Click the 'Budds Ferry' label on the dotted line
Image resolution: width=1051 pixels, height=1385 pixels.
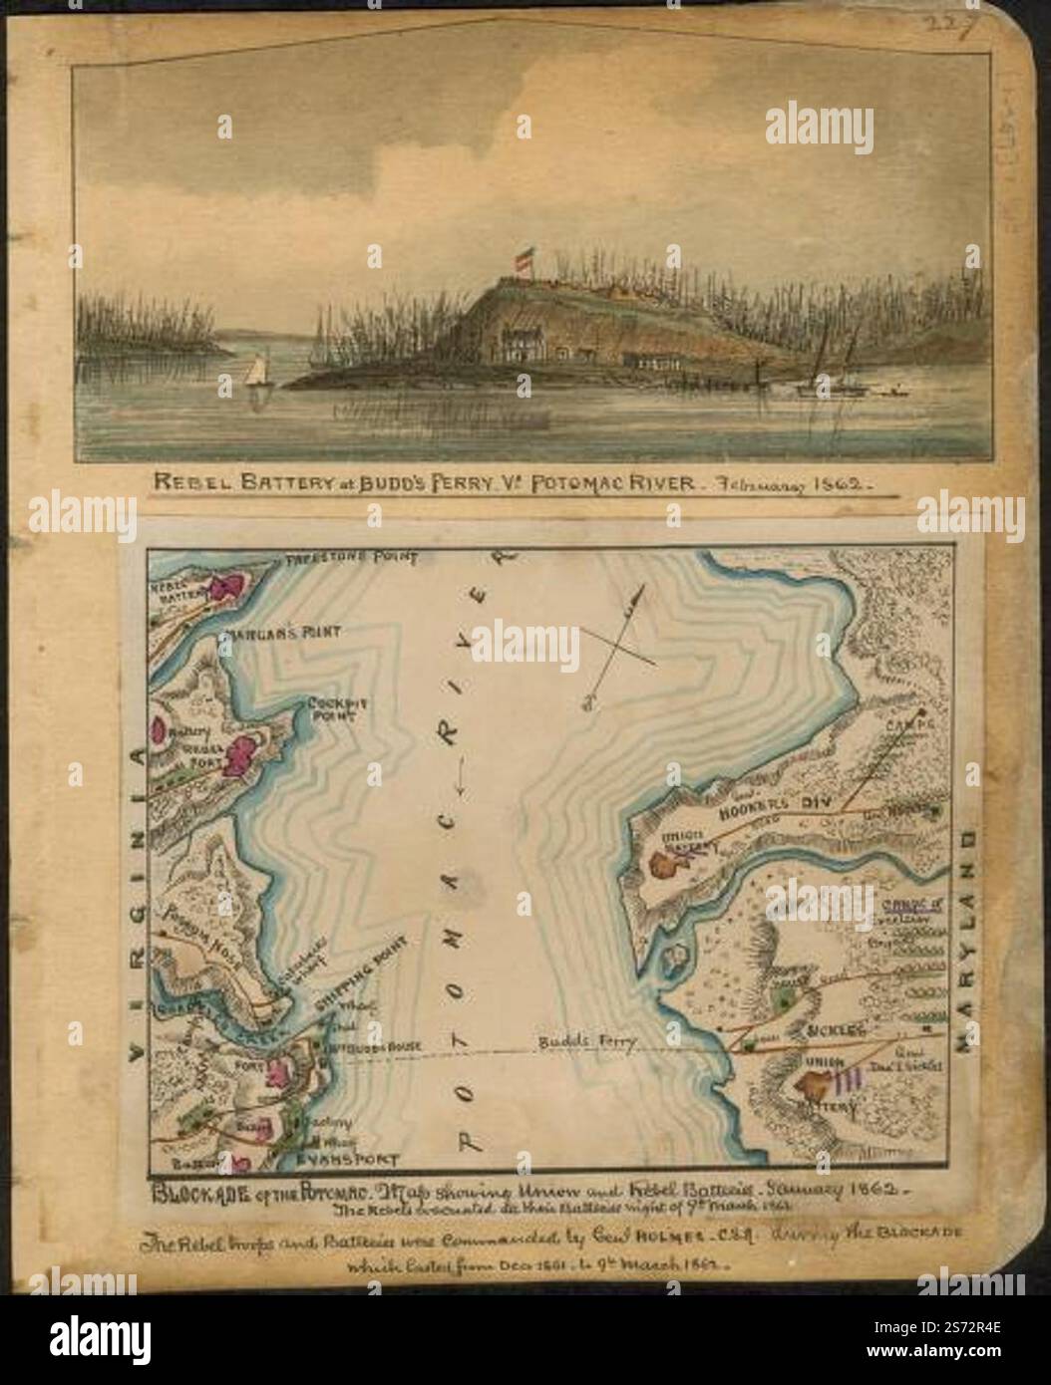pyautogui.click(x=583, y=1043)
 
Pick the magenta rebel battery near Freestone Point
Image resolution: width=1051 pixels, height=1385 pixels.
pyautogui.click(x=228, y=587)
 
